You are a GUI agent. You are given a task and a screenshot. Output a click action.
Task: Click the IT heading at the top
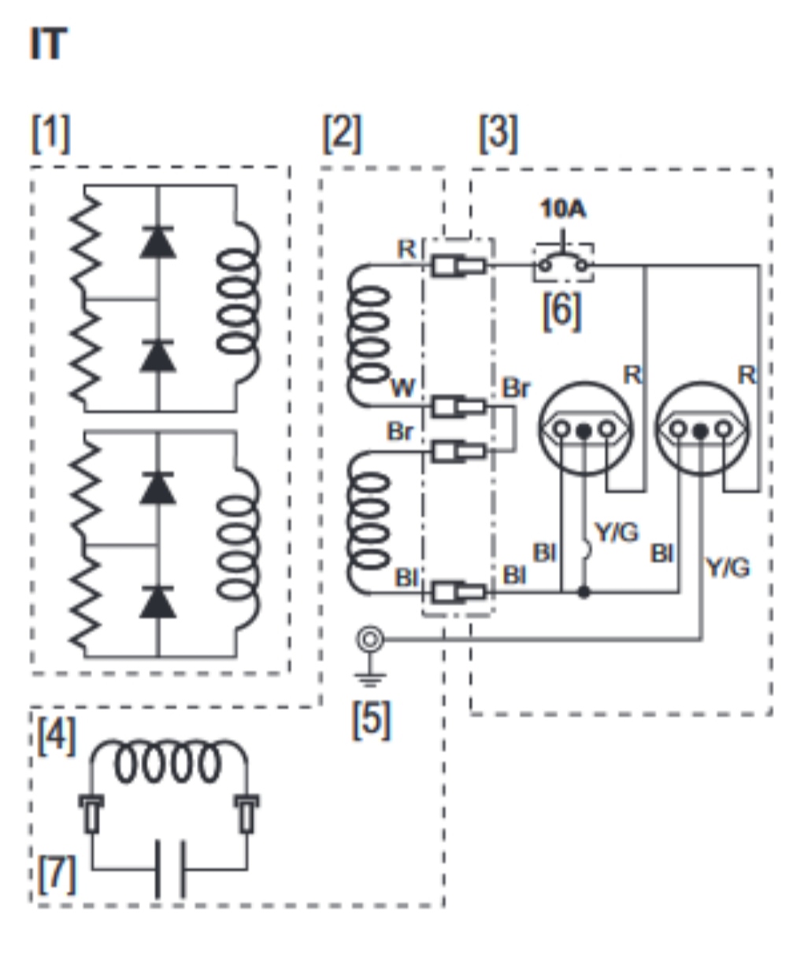[x=49, y=43]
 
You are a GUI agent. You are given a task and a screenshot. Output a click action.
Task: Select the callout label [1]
[x=51, y=134]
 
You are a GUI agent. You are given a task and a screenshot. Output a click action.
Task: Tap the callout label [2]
[x=343, y=134]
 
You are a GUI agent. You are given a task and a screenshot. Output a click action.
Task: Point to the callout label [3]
[x=498, y=134]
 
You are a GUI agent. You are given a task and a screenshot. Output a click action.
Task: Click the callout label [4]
[x=57, y=737]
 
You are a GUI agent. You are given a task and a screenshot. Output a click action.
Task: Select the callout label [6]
[x=562, y=312]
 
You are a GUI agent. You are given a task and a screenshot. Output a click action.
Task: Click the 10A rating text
[x=563, y=209]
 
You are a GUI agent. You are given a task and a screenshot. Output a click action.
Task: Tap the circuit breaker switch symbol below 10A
[x=564, y=261]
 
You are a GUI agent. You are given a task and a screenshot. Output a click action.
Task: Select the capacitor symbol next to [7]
[x=170, y=869]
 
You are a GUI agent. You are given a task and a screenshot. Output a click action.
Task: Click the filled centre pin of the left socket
[x=584, y=430]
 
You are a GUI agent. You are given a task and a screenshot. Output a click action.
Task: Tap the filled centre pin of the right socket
[x=701, y=430]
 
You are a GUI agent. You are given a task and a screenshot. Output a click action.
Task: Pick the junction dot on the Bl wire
[x=584, y=592]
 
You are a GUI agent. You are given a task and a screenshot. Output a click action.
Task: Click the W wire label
[x=403, y=388]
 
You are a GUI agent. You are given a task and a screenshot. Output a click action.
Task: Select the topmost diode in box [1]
[x=157, y=242]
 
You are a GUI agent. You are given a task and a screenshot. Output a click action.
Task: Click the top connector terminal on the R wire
[x=458, y=266]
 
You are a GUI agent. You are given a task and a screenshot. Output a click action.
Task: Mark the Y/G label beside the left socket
[x=617, y=532]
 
